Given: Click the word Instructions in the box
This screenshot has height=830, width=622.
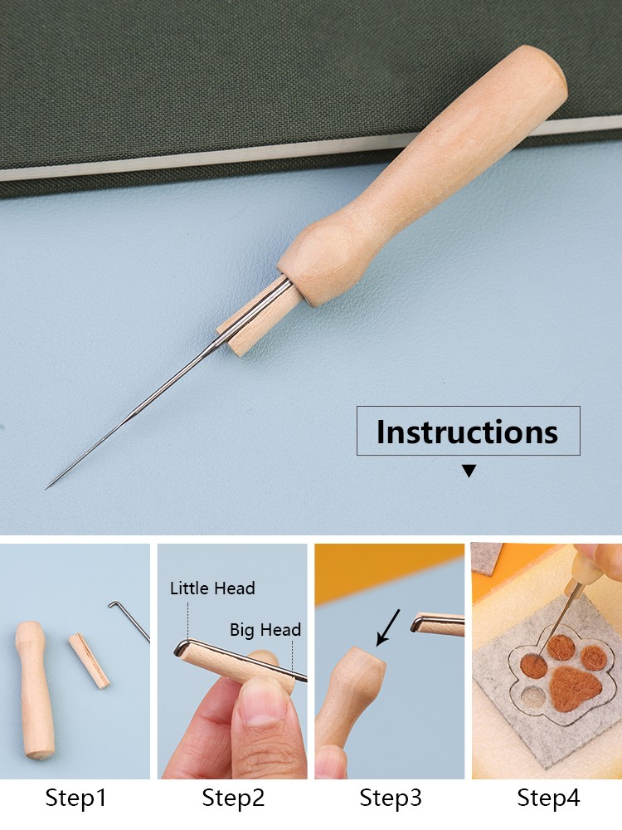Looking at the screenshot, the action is pos(467,432).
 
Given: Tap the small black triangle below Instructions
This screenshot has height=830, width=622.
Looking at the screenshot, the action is pos(469,471).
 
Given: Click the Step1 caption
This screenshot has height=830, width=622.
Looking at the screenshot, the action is pos(75,798).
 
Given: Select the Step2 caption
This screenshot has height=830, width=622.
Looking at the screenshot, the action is pos(233,798).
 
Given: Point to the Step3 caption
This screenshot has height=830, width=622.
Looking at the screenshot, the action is pos(391,798).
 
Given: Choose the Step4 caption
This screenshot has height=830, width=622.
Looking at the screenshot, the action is pos(548,798).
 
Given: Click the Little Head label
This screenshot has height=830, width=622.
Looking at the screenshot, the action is pos(212,588).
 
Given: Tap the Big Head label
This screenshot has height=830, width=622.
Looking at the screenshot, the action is pos(265,629).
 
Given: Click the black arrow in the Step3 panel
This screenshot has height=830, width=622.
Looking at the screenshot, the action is pos(387,627).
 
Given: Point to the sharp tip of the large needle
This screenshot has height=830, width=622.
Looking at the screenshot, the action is pos(46,488).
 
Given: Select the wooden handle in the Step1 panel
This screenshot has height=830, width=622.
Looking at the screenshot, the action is pos(36,689).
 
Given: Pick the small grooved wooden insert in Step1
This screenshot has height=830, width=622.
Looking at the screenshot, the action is pos(89,661).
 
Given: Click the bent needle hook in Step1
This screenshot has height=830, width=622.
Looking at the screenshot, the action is pos(129,620).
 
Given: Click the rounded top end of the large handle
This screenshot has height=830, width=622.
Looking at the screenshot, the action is pos(540,66).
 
